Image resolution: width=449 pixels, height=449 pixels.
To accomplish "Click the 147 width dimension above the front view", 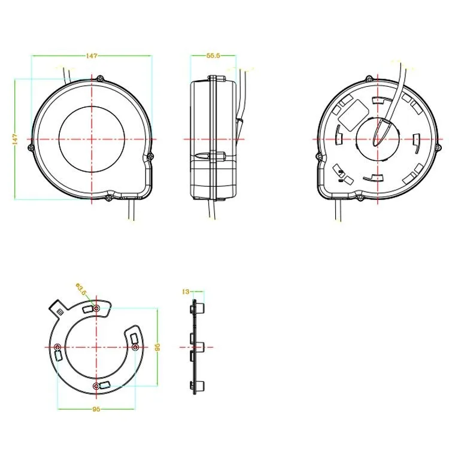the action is pyautogui.click(x=92, y=56).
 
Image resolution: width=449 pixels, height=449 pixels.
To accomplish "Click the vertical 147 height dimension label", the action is pyautogui.click(x=15, y=139).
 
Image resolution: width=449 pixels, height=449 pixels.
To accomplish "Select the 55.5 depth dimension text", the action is pyautogui.click(x=213, y=56).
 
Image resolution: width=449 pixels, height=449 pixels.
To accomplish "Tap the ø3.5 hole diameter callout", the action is pyautogui.click(x=81, y=289).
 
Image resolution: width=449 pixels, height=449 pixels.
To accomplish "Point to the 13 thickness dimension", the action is pyautogui.click(x=186, y=292).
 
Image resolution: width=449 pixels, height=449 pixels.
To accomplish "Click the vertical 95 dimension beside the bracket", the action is pyautogui.click(x=157, y=347).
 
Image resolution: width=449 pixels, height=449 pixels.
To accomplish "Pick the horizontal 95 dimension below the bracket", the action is pyautogui.click(x=96, y=409).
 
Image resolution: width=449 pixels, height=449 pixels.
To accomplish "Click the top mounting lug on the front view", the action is pyautogui.click(x=99, y=78).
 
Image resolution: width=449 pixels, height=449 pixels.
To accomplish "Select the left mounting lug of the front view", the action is pyautogui.click(x=31, y=148).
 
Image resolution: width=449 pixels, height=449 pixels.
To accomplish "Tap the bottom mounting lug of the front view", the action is pyautogui.click(x=108, y=198).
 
